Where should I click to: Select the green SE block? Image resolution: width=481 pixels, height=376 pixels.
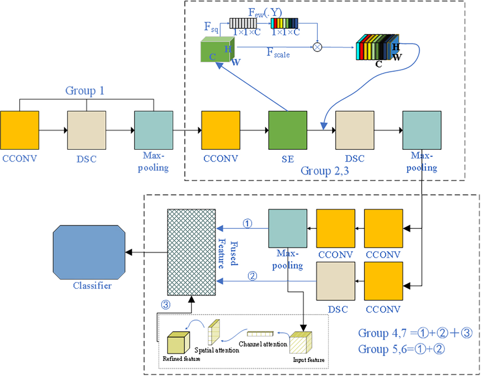(287, 130)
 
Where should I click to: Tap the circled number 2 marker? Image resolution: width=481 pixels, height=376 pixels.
(251, 276)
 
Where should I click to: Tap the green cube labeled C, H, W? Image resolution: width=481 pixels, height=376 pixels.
(217, 52)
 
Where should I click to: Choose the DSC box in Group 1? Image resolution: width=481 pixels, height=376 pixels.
(86, 130)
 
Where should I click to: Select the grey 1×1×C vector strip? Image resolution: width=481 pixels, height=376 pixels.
(245, 23)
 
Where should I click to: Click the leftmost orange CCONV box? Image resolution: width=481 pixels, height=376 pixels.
(19, 130)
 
